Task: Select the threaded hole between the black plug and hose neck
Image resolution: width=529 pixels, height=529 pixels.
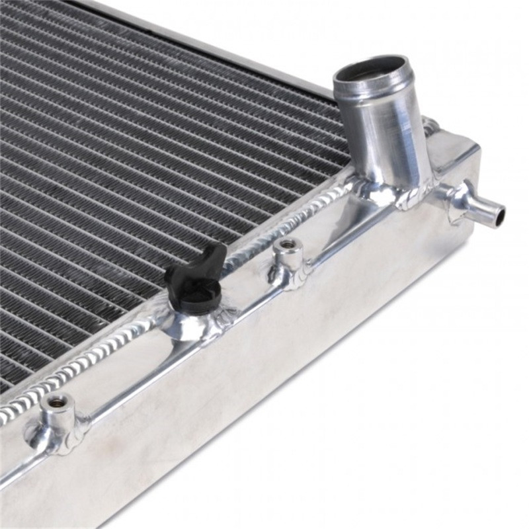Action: [288, 245]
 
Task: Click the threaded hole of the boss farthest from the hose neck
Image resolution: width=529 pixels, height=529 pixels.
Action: [54, 401]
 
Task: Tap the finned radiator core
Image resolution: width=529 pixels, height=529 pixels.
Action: [132, 165]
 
